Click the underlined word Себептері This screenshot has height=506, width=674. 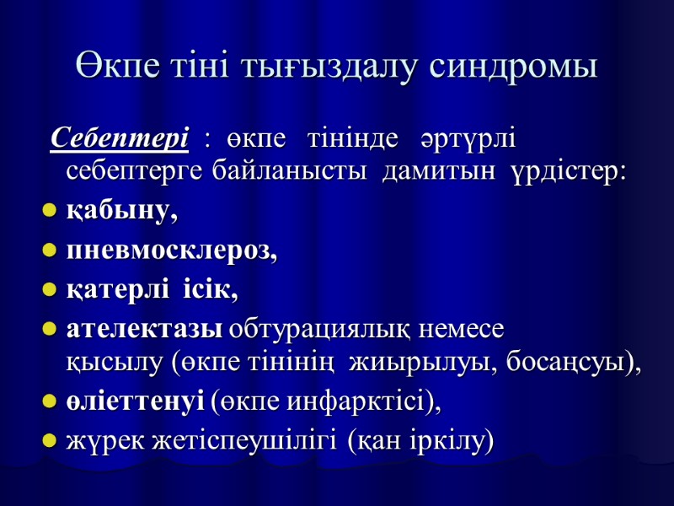(x=119, y=137)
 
